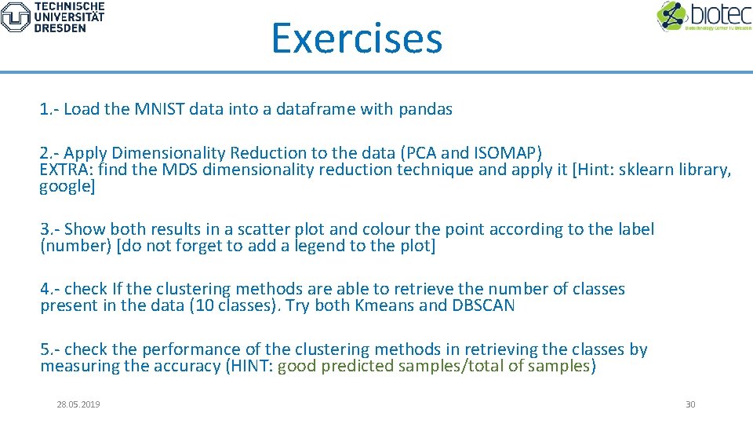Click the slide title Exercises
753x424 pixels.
(357, 38)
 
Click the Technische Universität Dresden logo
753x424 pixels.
(53, 16)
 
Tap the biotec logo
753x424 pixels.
(704, 16)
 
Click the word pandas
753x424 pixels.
(425, 109)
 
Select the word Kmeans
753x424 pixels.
(383, 305)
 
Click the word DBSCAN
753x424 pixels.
(483, 305)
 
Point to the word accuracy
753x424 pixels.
(193, 366)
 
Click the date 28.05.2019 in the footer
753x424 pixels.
(78, 404)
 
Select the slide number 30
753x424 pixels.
(690, 404)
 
